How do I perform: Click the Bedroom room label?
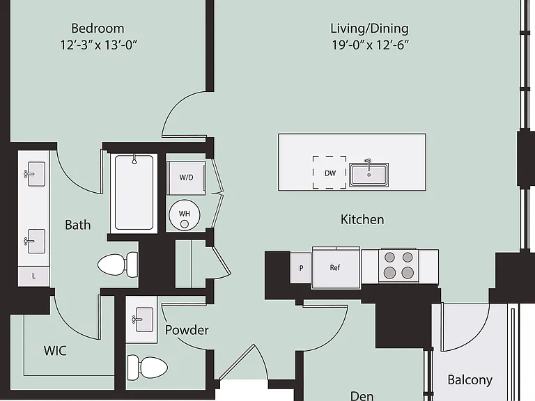click(98, 29)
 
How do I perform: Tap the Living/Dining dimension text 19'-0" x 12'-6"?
click(370, 45)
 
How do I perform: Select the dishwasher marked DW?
click(329, 172)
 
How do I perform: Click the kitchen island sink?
click(369, 174)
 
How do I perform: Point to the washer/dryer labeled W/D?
click(186, 178)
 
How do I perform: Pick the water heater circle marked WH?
click(185, 215)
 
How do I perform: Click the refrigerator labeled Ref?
click(336, 268)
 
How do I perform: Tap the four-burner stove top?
click(399, 265)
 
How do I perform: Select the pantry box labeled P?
click(301, 268)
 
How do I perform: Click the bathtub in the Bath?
click(134, 193)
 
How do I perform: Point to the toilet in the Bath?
click(118, 265)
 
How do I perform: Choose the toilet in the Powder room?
click(148, 368)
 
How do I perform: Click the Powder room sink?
click(141, 320)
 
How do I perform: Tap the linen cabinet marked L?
click(33, 276)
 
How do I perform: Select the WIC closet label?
click(55, 351)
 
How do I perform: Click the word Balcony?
click(470, 380)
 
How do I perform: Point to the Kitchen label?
click(362, 219)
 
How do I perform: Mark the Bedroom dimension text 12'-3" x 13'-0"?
click(99, 45)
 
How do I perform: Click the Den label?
click(362, 395)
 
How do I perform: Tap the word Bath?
click(78, 225)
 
